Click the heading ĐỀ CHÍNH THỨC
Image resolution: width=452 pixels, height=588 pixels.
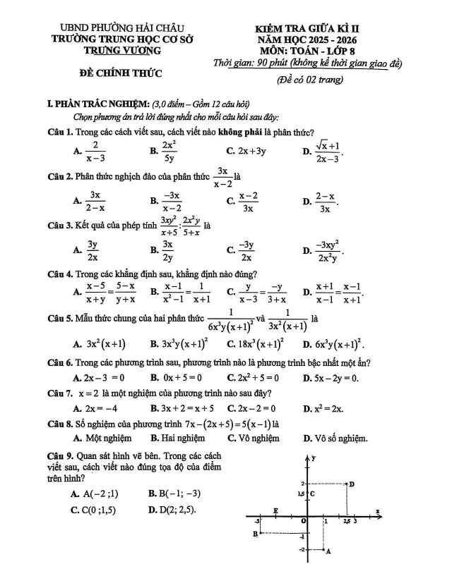point(120,73)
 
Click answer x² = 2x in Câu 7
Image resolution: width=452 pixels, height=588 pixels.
point(328,408)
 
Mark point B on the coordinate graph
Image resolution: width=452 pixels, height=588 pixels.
point(260,534)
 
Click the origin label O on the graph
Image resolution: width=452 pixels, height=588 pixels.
point(304,520)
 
